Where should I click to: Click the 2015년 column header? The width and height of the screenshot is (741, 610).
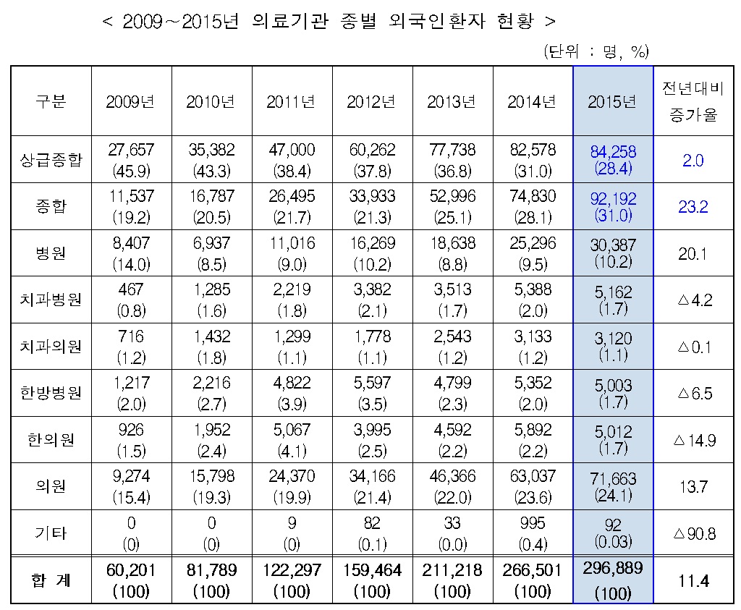612,102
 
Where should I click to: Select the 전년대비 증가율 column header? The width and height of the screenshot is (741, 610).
693,101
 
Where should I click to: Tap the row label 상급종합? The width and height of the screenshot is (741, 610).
50,160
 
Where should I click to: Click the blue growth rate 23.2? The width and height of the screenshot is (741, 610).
693,207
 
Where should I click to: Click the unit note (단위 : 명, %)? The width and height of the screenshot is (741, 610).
595,51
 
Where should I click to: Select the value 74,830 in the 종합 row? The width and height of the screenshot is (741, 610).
533,196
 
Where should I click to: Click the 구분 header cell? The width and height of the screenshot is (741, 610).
50,102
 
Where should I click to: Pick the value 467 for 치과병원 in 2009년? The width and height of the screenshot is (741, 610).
131,289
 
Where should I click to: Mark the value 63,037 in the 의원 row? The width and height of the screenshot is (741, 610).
533,476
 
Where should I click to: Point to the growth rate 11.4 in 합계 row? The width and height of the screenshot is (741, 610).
693,580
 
